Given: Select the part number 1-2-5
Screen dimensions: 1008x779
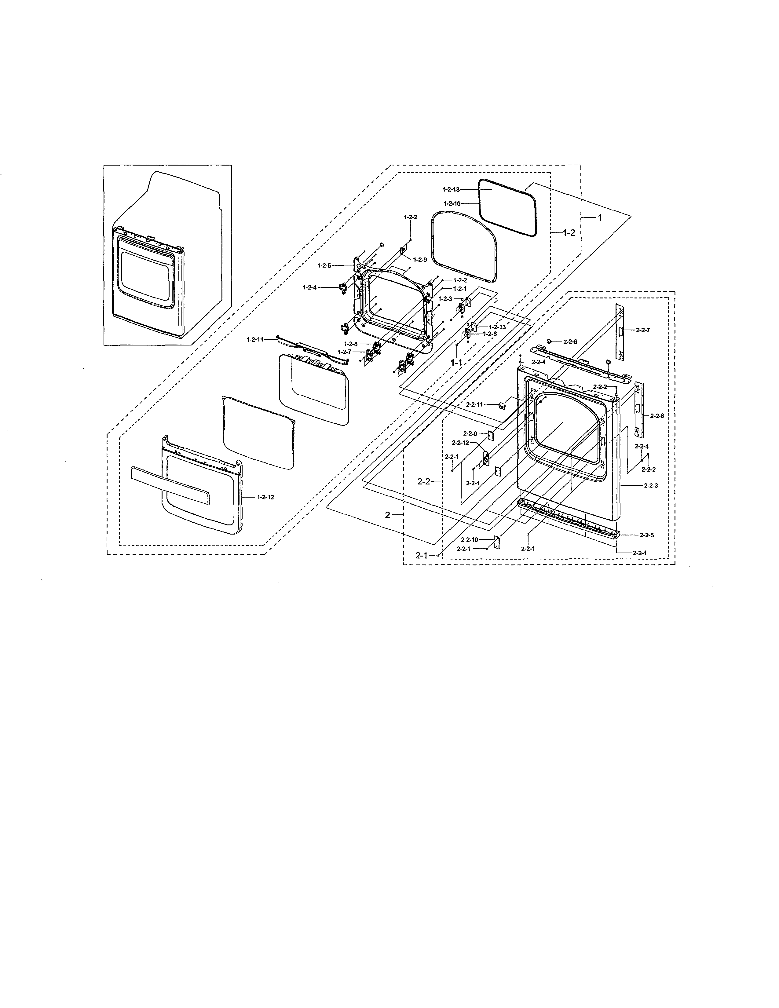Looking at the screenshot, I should pos(324,265).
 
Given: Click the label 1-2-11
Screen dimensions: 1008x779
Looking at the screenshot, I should pos(255,339).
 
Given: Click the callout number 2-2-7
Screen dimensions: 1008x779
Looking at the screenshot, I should pos(643,330).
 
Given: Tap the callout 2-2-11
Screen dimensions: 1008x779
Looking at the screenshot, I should pos(474,404).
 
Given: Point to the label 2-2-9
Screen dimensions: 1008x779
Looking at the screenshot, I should pos(470,433).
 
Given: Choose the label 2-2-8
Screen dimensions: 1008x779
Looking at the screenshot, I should pos(657,416).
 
